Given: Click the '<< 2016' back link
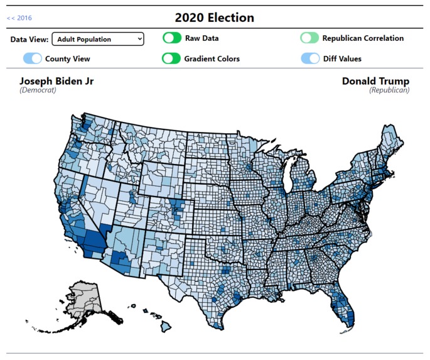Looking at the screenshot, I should pyautogui.click(x=19, y=18).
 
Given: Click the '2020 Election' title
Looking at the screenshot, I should pyautogui.click(x=215, y=18).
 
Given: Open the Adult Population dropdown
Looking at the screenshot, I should pyautogui.click(x=97, y=39).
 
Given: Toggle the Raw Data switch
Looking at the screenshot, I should pyautogui.click(x=171, y=38).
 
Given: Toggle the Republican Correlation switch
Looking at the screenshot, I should pyautogui.click(x=309, y=38).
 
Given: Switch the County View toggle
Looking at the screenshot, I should pyautogui.click(x=33, y=58).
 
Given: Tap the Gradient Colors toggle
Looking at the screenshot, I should pyautogui.click(x=171, y=58).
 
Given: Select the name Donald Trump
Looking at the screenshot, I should pyautogui.click(x=375, y=81).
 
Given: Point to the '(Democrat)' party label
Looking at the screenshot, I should pyautogui.click(x=38, y=90).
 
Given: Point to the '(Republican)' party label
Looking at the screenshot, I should pyautogui.click(x=389, y=90).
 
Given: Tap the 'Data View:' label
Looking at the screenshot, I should pyautogui.click(x=30, y=39).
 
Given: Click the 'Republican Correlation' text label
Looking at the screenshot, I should pyautogui.click(x=363, y=38).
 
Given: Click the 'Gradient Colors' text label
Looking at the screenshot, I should pyautogui.click(x=212, y=58).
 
